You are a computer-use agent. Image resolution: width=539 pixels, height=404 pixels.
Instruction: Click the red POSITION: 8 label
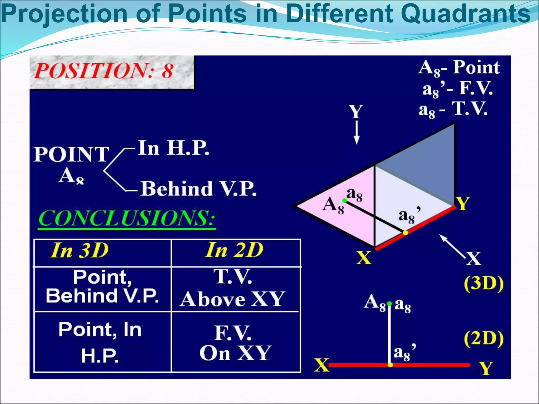click(103, 70)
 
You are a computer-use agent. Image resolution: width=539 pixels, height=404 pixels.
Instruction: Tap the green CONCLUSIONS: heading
click(127, 218)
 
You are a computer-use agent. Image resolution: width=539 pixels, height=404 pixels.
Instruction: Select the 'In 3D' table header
click(79, 250)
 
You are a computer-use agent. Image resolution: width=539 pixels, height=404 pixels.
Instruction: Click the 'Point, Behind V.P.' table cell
click(102, 286)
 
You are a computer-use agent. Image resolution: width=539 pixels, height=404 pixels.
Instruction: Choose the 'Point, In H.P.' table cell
click(100, 342)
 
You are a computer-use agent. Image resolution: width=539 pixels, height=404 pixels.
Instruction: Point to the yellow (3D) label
click(484, 284)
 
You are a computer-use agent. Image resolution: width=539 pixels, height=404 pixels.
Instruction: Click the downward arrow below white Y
click(357, 133)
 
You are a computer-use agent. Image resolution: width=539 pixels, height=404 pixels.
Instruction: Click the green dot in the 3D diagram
click(345, 201)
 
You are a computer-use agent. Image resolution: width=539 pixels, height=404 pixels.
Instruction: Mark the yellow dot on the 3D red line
click(406, 233)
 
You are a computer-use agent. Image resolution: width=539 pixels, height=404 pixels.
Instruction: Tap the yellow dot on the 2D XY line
click(391, 365)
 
